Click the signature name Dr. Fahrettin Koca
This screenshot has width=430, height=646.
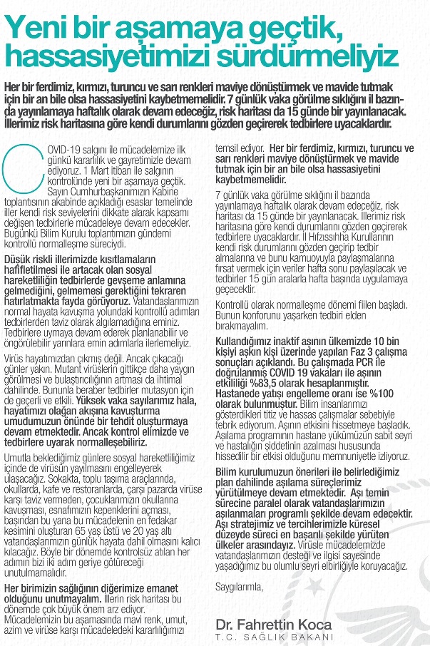273,624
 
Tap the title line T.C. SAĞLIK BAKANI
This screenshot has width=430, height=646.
273,637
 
